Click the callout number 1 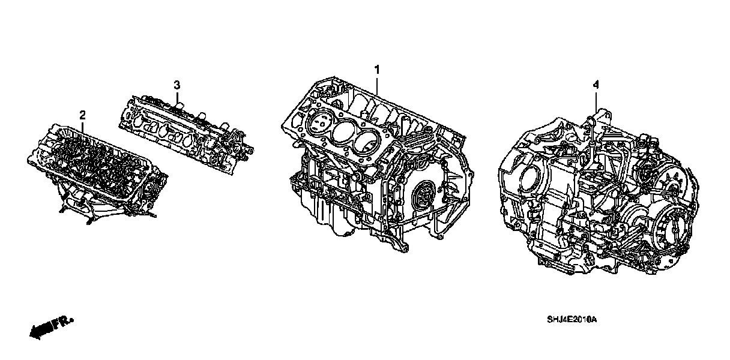377,70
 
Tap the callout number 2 82,115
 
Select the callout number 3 176,85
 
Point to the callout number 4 596,85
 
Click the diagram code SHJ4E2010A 572,320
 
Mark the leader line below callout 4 596,102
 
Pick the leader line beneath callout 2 82,127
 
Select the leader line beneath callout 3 177,98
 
